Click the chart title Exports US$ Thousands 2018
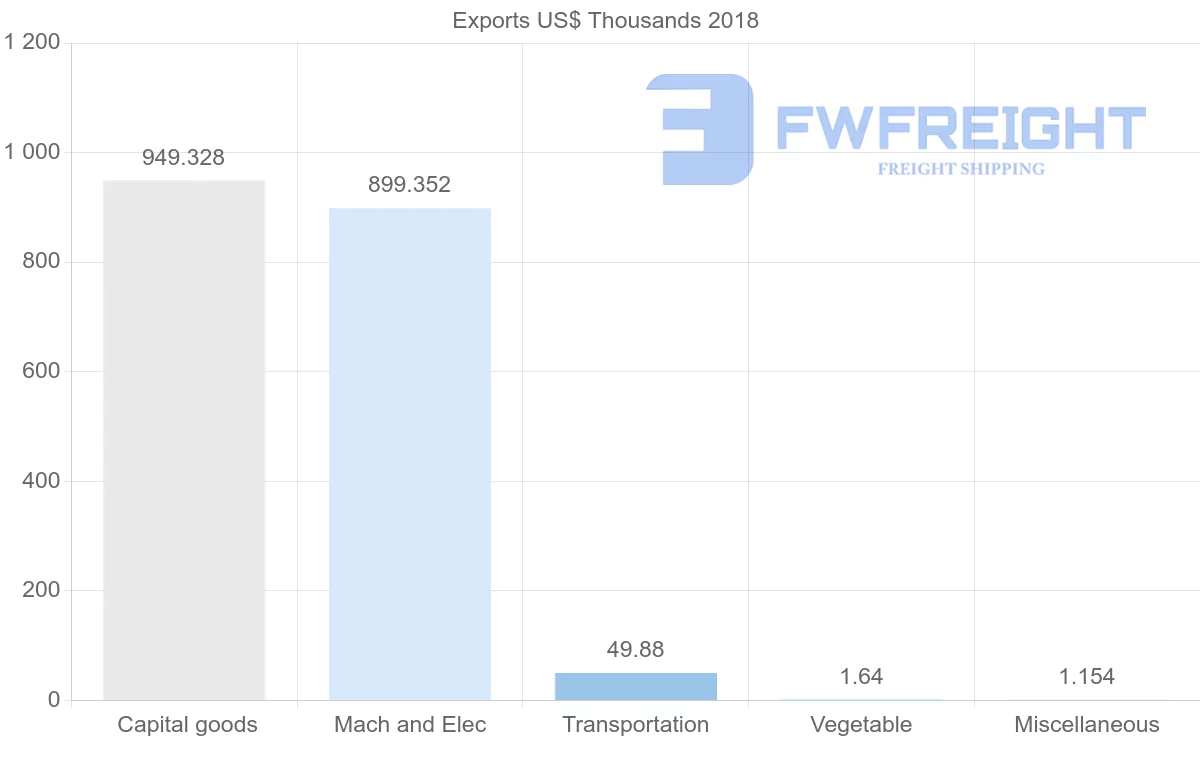[x=605, y=20]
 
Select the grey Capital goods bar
[x=184, y=440]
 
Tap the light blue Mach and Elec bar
[x=410, y=454]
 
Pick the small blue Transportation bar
[x=636, y=686]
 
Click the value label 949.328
[x=183, y=157]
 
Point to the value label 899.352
[x=409, y=184]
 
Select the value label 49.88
[x=635, y=650]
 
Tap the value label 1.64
[x=861, y=676]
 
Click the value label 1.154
[x=1087, y=676]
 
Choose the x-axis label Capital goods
[x=187, y=725]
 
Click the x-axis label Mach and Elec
[x=410, y=725]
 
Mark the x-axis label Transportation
[x=636, y=725]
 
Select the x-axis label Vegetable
[x=861, y=725]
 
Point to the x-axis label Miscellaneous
[x=1087, y=725]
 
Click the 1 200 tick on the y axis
[x=33, y=43]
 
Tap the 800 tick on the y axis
[x=41, y=262]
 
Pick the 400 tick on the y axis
[x=41, y=481]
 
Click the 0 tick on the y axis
[x=54, y=700]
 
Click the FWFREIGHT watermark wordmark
[x=960, y=128]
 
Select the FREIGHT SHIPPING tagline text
[x=961, y=169]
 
